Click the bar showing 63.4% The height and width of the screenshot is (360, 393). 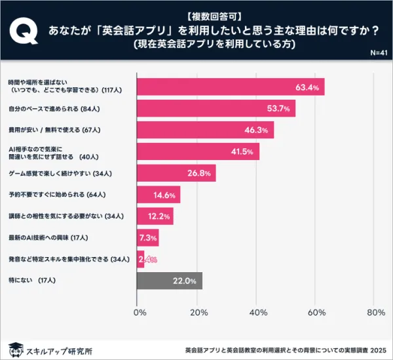[231, 87]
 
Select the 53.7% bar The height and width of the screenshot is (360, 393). [216, 108]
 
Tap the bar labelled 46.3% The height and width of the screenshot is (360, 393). [206, 130]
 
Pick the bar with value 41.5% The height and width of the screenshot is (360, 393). [198, 151]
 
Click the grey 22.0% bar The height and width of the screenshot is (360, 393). [170, 281]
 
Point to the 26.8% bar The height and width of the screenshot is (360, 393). [176, 173]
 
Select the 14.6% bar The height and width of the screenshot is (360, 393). [159, 195]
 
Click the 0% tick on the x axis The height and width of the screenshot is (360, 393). [140, 313]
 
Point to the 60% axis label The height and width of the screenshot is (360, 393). [317, 313]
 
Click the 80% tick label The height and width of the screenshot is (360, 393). [376, 313]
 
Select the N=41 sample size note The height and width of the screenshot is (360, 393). [379, 53]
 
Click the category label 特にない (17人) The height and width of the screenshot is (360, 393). [33, 281]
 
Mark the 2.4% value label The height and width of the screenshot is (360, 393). [148, 260]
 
